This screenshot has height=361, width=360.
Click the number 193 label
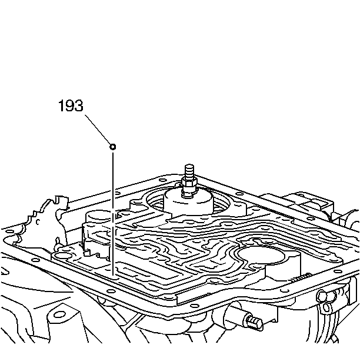[71, 107]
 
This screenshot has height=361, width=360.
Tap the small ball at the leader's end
[112, 145]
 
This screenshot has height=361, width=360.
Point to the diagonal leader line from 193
[97, 130]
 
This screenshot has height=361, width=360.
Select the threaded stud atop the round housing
[189, 173]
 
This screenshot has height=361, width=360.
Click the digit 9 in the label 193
[71, 107]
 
